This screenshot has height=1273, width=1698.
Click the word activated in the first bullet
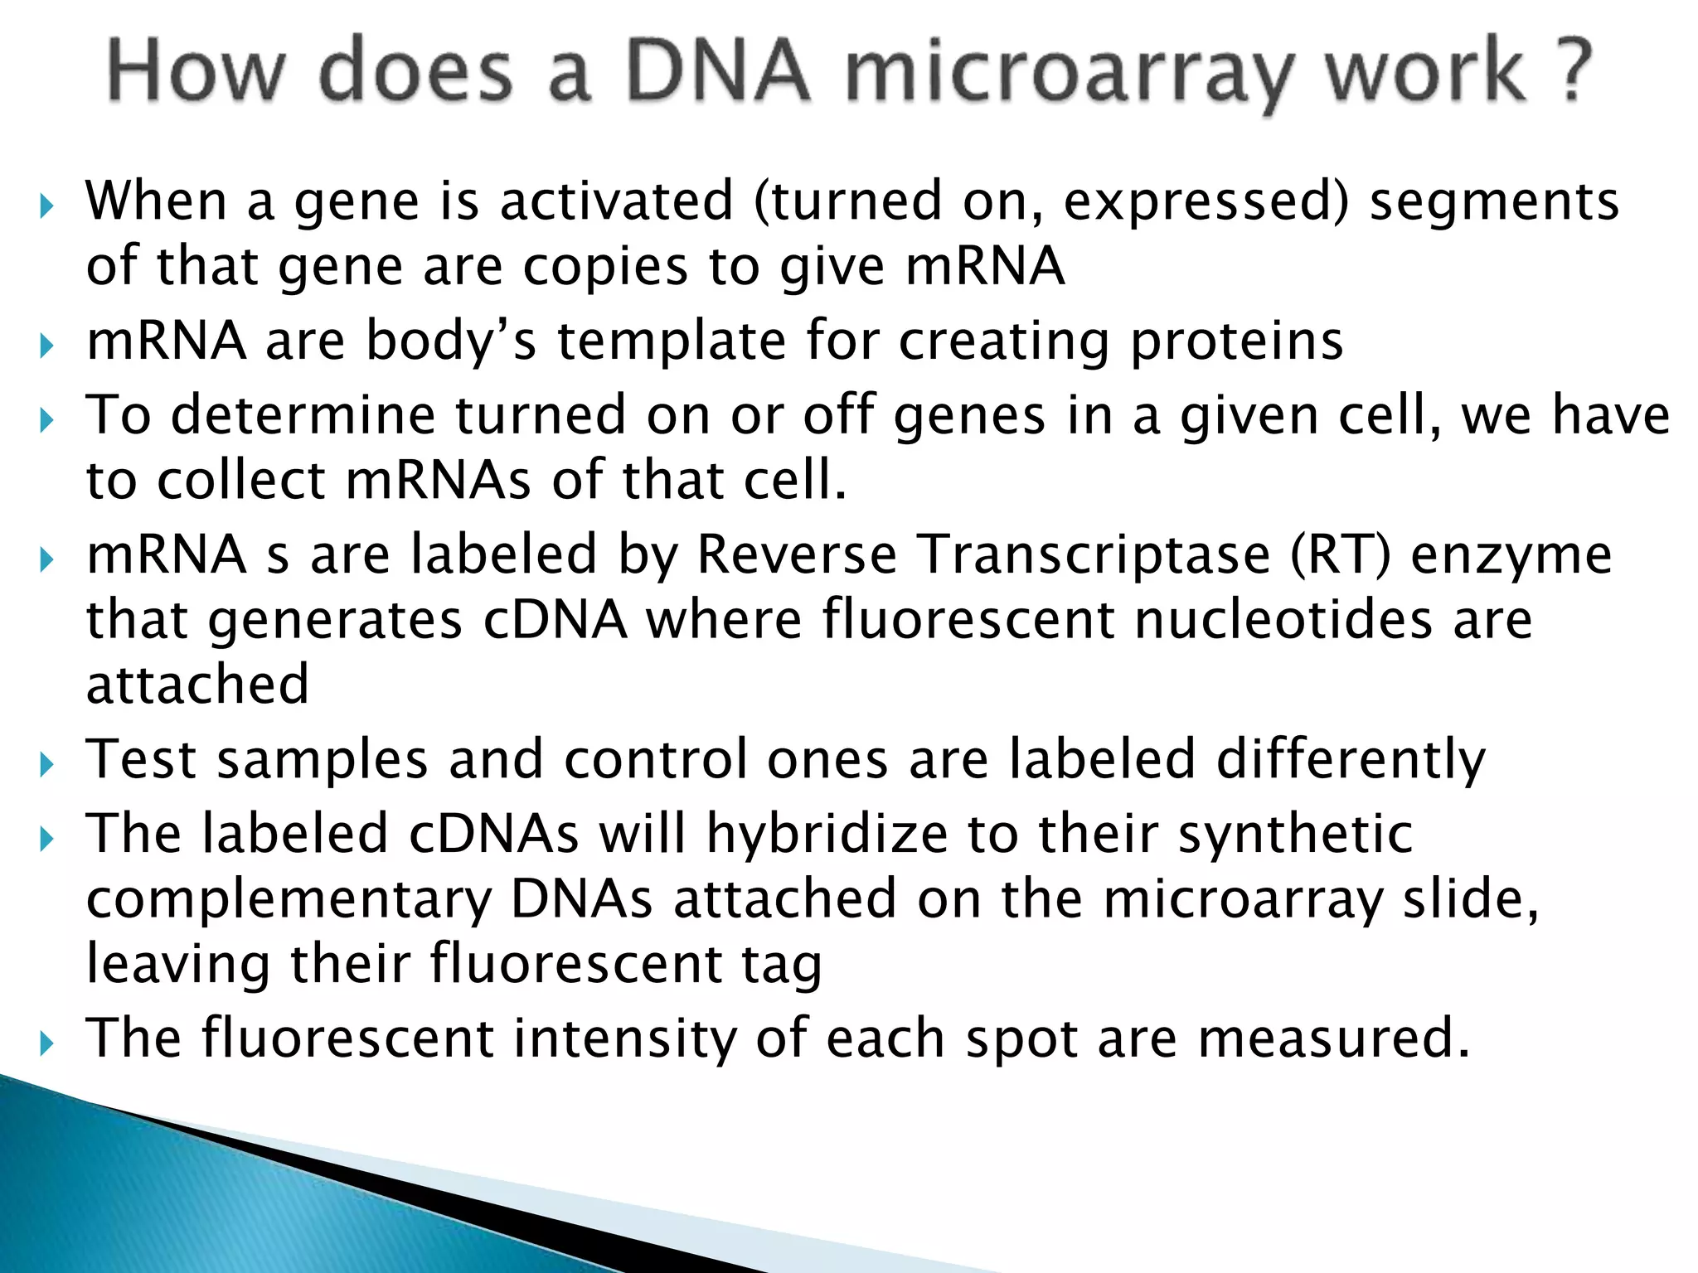tap(617, 201)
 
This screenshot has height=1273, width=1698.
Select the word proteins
tap(1237, 341)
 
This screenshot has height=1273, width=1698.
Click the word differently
tap(1351, 760)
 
